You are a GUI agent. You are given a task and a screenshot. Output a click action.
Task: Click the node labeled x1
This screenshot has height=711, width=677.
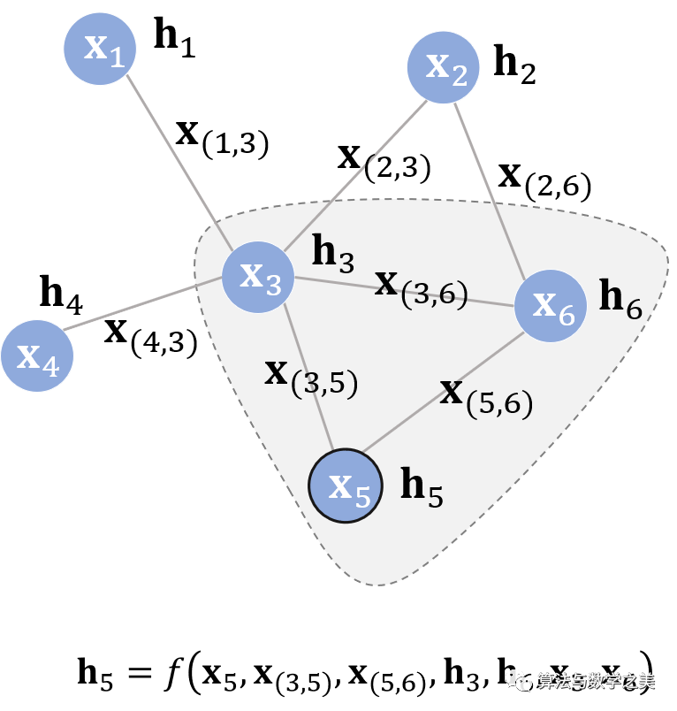(100, 50)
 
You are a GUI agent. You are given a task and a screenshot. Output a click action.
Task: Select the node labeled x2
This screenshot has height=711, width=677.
(443, 67)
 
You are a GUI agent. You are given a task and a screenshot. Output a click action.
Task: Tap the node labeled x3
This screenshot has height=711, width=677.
(257, 277)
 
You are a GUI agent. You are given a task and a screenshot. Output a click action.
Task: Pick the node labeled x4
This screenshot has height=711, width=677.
(37, 355)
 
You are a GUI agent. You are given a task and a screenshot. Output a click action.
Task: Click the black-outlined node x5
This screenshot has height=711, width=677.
(346, 485)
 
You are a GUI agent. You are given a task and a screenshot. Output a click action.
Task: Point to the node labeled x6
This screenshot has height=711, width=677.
(550, 306)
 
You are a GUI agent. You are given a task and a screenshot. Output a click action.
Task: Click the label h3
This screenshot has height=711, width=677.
(333, 254)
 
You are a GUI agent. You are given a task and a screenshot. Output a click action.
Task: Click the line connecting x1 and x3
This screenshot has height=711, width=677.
(177, 159)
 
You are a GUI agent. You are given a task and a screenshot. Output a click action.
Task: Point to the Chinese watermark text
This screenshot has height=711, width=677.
(597, 680)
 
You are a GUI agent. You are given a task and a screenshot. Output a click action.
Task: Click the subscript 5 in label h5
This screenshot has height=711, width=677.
(435, 496)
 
